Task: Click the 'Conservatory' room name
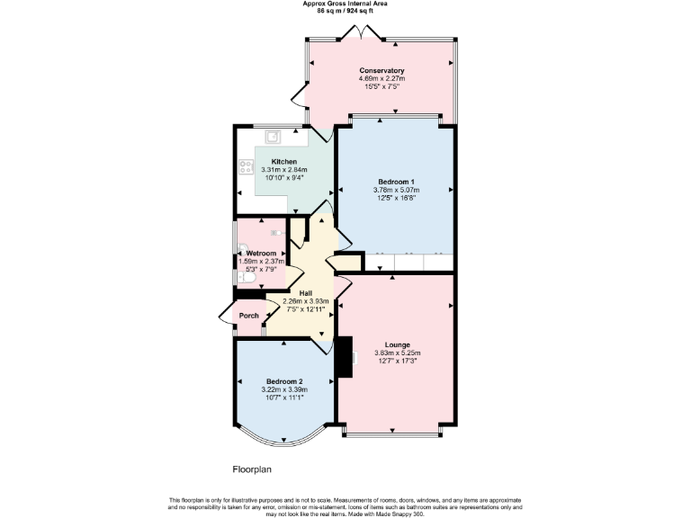coord(381,71)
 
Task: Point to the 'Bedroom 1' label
coord(396,182)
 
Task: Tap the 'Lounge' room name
coord(398,344)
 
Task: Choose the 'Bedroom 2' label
coord(284,380)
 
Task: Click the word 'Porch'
coord(248,316)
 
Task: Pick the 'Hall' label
coord(306,293)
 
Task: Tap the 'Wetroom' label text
coord(261,254)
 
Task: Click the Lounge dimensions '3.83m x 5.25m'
coord(398,353)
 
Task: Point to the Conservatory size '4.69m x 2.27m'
coord(381,79)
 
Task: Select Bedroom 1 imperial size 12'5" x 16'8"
coord(396,198)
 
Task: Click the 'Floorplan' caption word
coord(252,469)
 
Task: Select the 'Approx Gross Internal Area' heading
coord(345,4)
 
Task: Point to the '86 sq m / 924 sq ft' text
coord(345,11)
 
